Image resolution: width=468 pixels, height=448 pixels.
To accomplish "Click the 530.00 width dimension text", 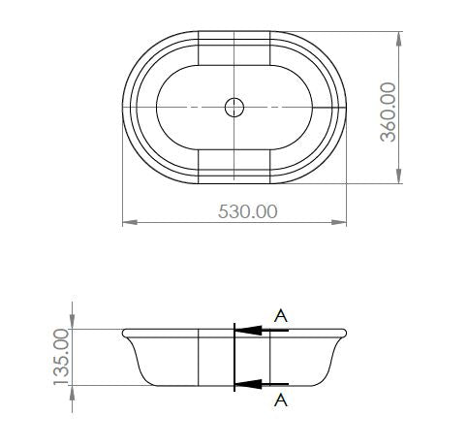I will coord(234,210).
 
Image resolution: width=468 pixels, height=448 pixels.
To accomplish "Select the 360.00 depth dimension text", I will coord(389,111).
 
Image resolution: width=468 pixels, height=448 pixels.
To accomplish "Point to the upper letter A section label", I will coord(281,314).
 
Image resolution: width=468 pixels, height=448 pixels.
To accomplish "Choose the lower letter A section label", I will coord(281,399).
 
